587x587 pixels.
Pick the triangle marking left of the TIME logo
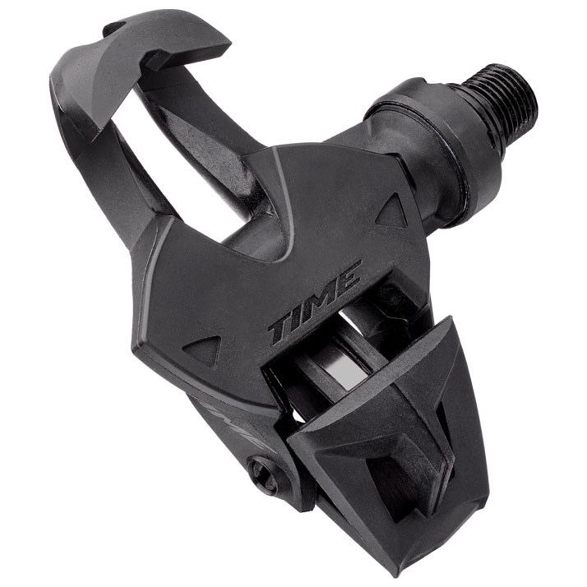(202, 349)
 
